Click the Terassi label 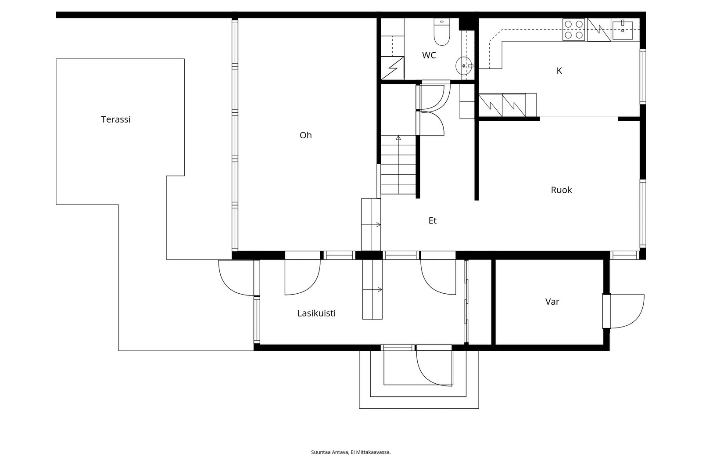(116, 119)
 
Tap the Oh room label (305, 135)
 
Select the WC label (429, 55)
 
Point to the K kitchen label (559, 71)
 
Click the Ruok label (561, 190)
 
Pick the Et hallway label (433, 221)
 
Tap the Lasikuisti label (316, 313)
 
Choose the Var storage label (552, 302)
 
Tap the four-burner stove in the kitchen (573, 30)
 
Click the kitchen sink (623, 30)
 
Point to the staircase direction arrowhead (398, 137)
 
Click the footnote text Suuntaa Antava (330, 452)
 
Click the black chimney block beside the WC (466, 24)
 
